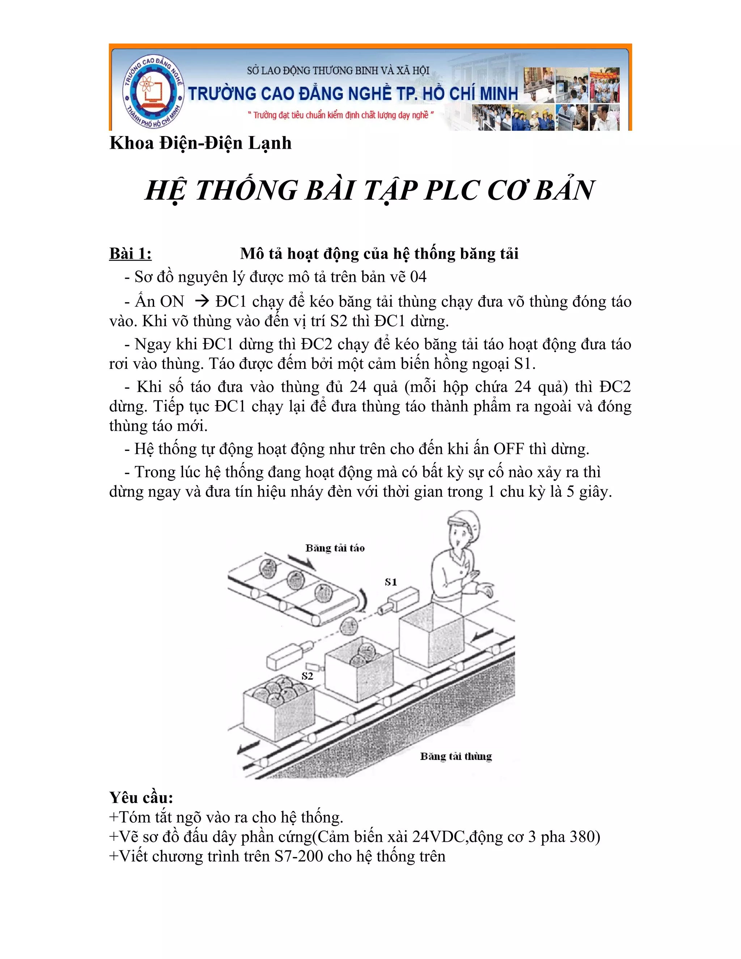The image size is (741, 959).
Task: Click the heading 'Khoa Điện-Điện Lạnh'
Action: coord(200,143)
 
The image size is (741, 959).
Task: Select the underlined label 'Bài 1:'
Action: coord(130,254)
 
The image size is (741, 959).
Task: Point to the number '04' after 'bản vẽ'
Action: coord(418,276)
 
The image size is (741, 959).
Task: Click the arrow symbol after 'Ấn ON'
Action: coord(202,301)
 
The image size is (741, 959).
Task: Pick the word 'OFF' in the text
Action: coord(508,449)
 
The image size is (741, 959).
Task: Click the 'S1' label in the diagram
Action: coord(391,582)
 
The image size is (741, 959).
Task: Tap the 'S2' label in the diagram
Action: coord(307,676)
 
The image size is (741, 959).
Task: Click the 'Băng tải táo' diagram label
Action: coord(335,548)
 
